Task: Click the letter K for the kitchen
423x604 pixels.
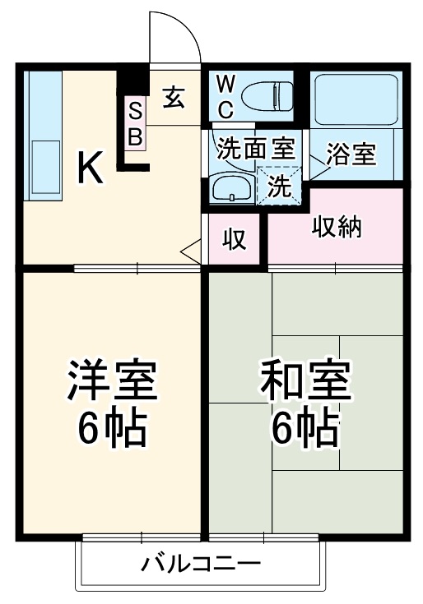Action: [90, 168]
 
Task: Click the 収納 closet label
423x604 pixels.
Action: [337, 227]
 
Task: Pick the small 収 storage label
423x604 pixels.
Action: [235, 239]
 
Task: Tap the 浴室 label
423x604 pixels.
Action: [351, 154]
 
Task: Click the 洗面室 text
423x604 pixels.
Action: [255, 149]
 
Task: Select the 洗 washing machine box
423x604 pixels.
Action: [280, 186]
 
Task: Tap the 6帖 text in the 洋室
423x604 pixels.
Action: [113, 426]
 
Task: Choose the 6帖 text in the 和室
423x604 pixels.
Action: [305, 426]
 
